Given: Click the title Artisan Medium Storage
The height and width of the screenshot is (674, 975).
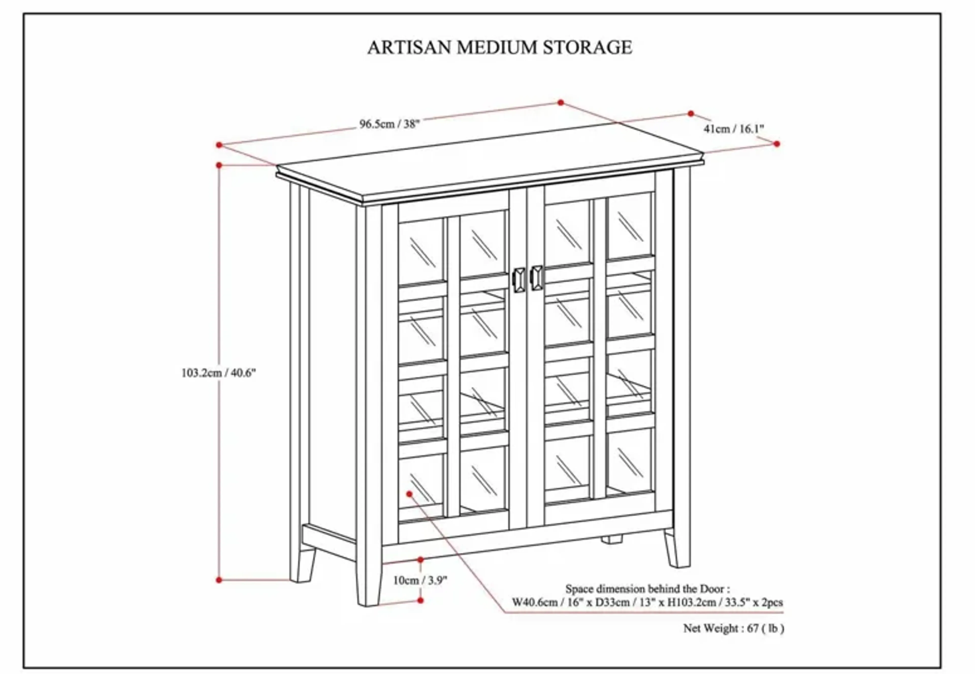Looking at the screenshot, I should pyautogui.click(x=499, y=47).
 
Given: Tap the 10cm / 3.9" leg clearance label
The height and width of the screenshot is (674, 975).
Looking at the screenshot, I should pyautogui.click(x=419, y=580).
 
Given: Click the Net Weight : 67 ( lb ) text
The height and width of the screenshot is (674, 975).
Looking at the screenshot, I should pyautogui.click(x=733, y=628).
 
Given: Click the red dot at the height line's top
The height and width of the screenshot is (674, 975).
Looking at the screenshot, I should pyautogui.click(x=219, y=165).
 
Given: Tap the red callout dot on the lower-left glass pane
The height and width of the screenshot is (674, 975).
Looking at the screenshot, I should pyautogui.click(x=409, y=494).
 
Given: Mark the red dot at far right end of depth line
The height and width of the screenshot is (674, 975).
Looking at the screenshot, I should pyautogui.click(x=776, y=144).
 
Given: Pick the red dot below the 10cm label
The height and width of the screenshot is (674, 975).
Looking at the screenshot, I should pyautogui.click(x=420, y=600).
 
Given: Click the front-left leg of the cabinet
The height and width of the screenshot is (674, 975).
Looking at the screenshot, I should pyautogui.click(x=368, y=583).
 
